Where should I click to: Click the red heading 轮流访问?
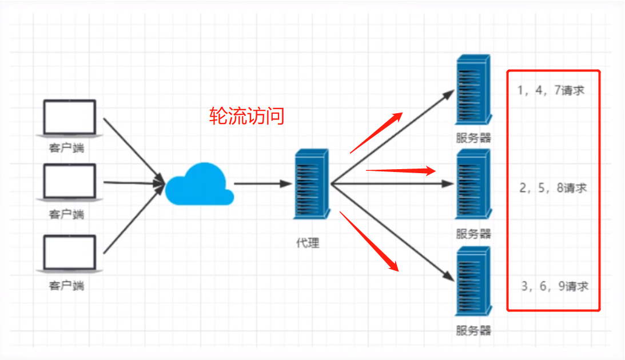246,117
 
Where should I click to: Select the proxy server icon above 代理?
311,184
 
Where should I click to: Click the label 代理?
308,243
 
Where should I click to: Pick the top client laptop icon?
70,119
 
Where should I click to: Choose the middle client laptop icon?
70,182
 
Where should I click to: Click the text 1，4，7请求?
551,90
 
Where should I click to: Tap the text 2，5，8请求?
553,188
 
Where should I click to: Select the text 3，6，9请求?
554,286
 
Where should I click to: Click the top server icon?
473,90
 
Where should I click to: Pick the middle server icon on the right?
473,184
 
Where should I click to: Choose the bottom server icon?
473,281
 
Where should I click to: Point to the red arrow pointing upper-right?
376,133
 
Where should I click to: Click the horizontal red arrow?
401,170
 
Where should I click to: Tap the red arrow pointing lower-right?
369,241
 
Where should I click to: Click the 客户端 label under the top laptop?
66,149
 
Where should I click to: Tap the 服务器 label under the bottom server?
473,330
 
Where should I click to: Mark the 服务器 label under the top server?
473,138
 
